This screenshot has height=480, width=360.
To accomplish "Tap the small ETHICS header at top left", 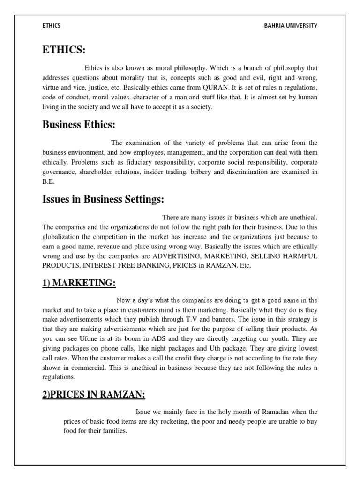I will point(51,26).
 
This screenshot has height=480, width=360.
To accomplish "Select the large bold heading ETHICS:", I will point(64,50).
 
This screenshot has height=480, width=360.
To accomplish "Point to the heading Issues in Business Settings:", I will point(103,199).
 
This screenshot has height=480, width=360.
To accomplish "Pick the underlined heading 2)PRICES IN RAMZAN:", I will point(94,395).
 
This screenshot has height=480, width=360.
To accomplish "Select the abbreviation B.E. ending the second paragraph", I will point(48,181).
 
